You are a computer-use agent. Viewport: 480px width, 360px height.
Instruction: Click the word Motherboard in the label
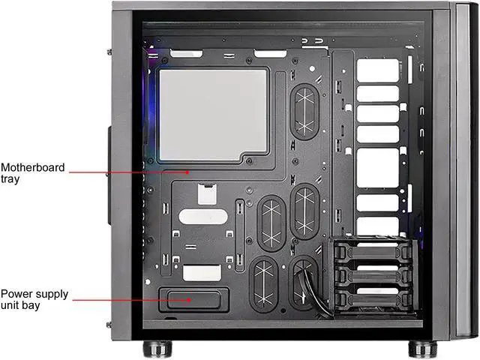[x=33, y=166]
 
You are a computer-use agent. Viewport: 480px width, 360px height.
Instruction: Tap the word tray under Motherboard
[x=10, y=178]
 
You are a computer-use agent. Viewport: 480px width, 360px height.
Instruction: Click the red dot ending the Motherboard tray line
[x=190, y=172]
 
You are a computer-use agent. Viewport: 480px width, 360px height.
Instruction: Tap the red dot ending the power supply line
[x=190, y=299]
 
